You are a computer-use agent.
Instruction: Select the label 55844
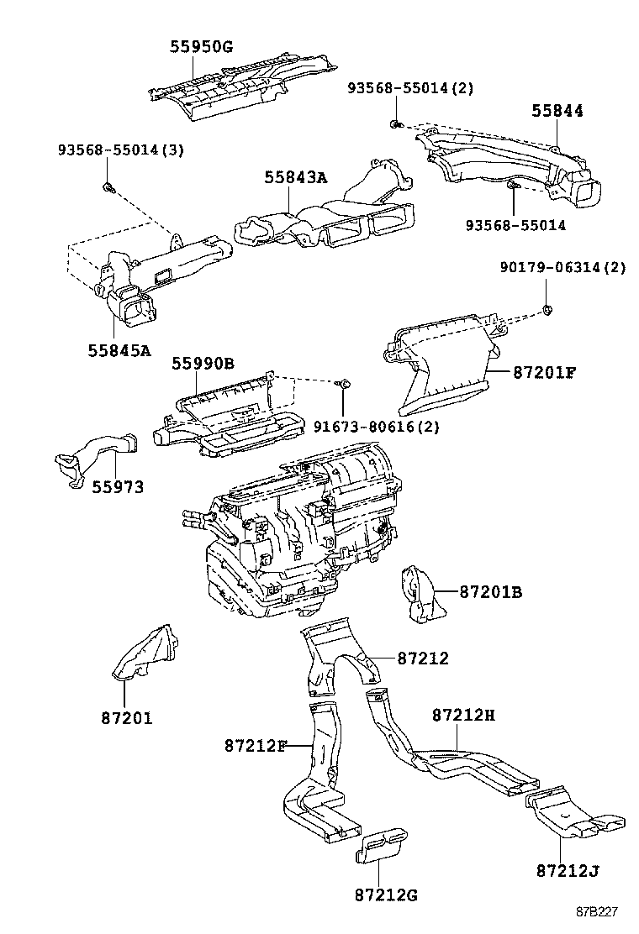click(557, 111)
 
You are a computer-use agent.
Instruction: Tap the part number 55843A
click(295, 178)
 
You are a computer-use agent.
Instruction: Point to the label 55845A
click(119, 350)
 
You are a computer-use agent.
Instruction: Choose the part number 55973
click(118, 487)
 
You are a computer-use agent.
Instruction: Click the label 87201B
click(490, 592)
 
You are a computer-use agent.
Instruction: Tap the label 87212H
click(463, 715)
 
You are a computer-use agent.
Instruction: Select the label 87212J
click(568, 869)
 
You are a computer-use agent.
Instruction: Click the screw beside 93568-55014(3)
click(108, 185)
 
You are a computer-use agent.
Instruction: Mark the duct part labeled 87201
click(145, 653)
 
